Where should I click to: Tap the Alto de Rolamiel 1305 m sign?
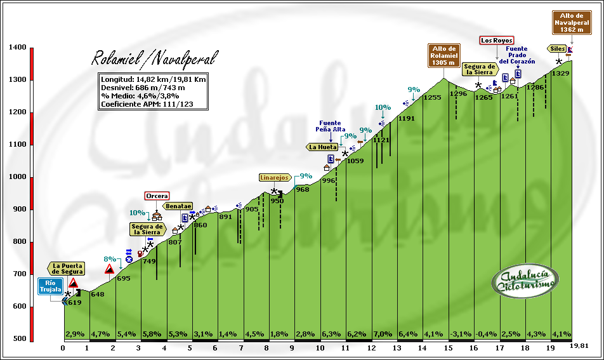pyautogui.click(x=444, y=55)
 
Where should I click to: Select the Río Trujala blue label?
pyautogui.click(x=51, y=286)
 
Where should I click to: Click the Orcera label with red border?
pyautogui.click(x=157, y=196)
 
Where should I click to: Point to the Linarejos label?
pyautogui.click(x=275, y=178)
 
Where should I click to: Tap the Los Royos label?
pyautogui.click(x=496, y=41)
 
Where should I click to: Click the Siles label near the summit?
pyautogui.click(x=558, y=48)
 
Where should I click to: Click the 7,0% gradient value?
pyautogui.click(x=382, y=334)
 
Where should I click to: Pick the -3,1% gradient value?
pyautogui.click(x=460, y=334)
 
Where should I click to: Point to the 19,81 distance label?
pyautogui.click(x=579, y=345)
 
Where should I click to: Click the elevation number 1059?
pyautogui.click(x=355, y=161)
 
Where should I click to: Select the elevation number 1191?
pyautogui.click(x=407, y=119)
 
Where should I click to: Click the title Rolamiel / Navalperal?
pyautogui.click(x=154, y=59)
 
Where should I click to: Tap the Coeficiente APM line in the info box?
pyautogui.click(x=146, y=104)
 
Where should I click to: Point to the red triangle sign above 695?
pyautogui.click(x=110, y=269)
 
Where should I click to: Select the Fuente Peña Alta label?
pyautogui.click(x=331, y=126)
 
